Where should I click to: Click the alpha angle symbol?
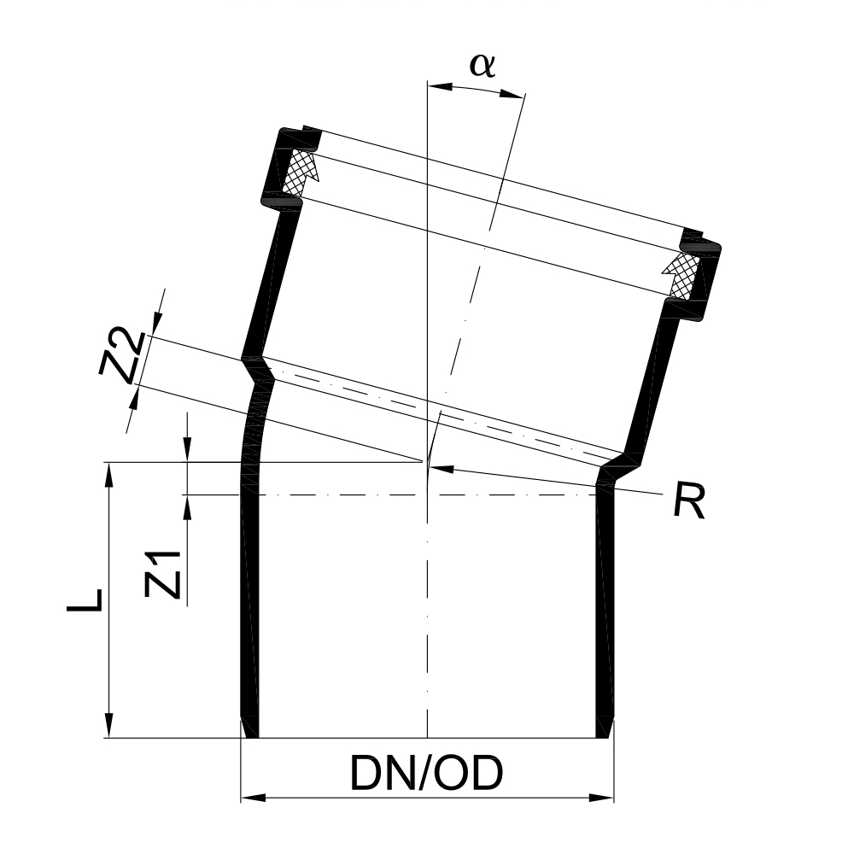tap(483, 66)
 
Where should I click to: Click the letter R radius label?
tap(688, 502)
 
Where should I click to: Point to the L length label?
tap(85, 600)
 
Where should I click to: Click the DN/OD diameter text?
tap(426, 774)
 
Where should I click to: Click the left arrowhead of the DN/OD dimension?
tap(249, 798)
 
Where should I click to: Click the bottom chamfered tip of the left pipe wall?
tap(249, 728)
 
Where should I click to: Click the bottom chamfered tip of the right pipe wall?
tap(605, 728)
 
